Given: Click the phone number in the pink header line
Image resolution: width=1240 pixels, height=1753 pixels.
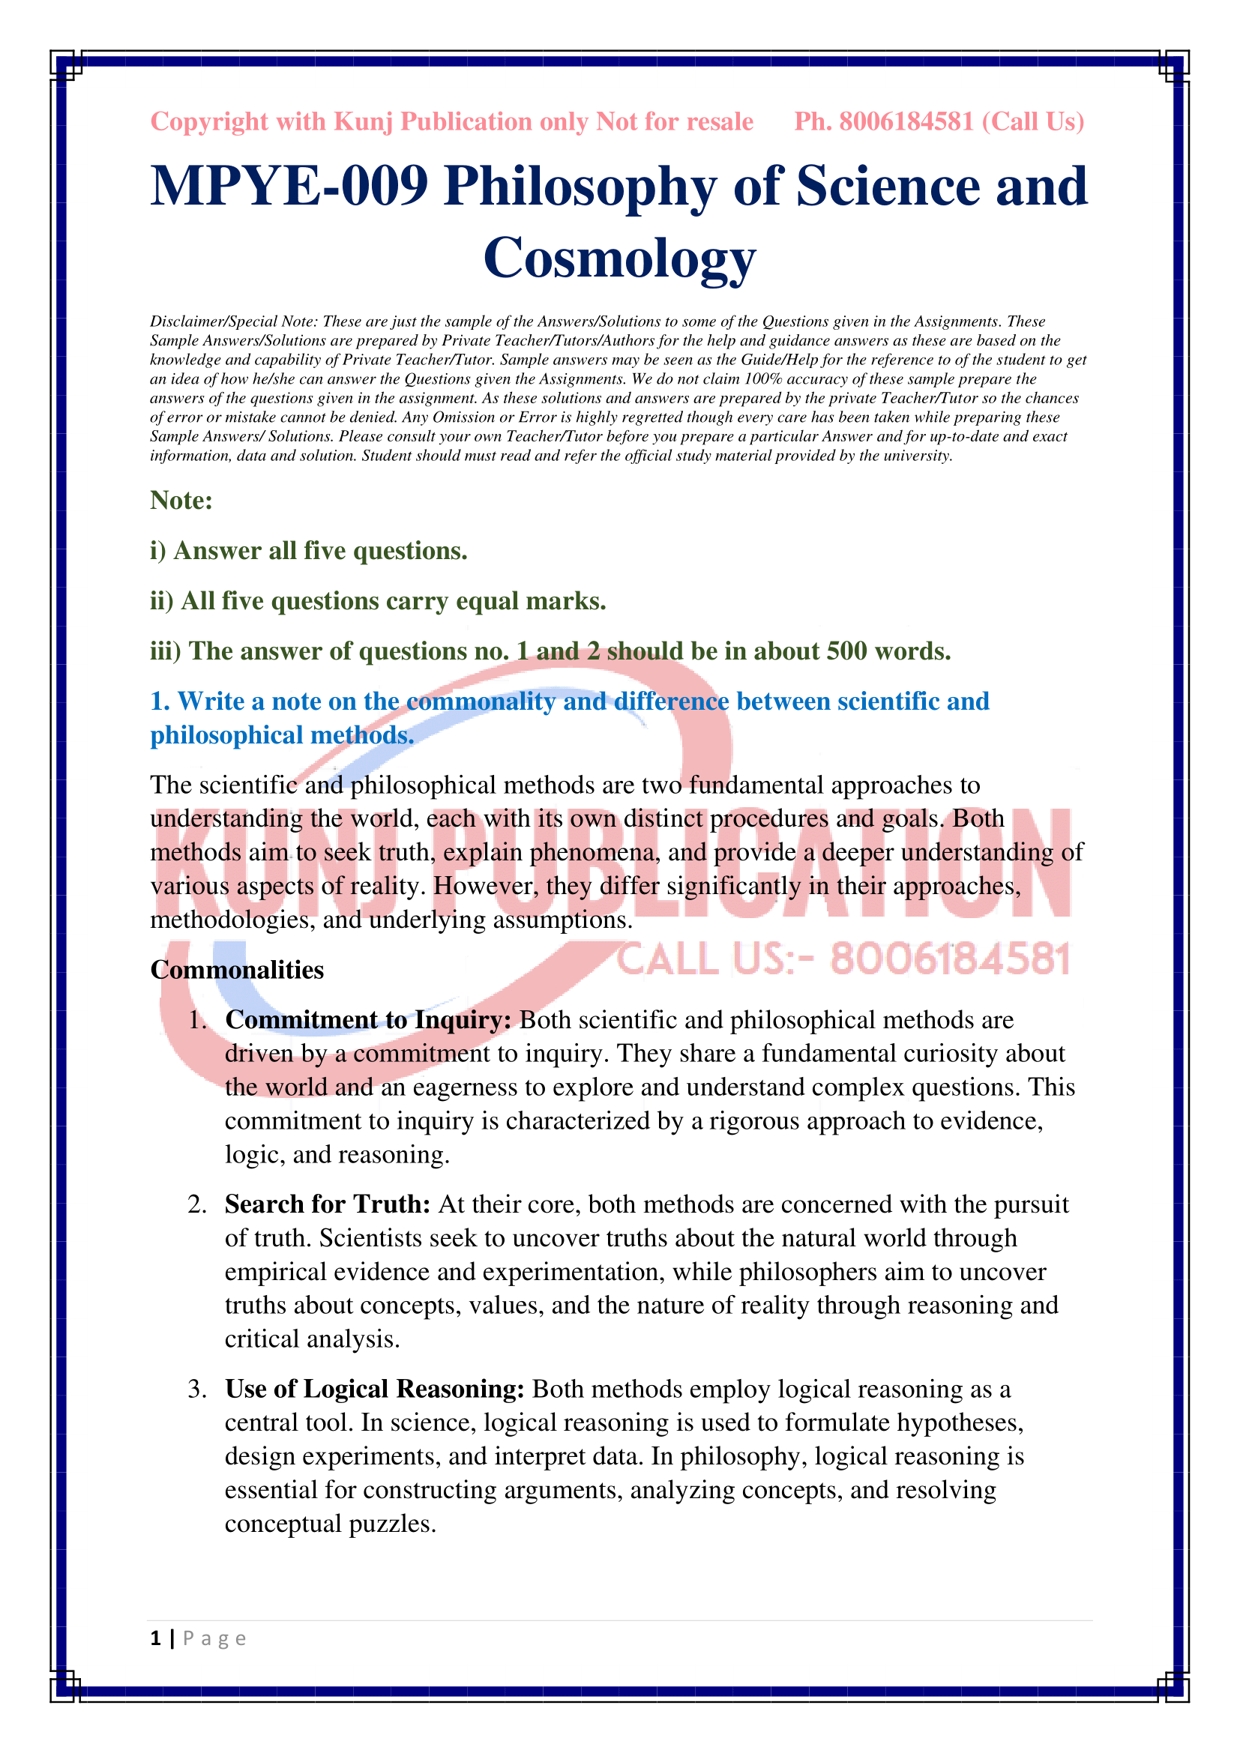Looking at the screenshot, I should [906, 122].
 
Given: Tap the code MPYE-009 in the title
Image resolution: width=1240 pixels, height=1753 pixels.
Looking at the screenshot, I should [289, 187].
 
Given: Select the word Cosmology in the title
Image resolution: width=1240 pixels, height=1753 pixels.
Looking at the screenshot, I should [619, 258].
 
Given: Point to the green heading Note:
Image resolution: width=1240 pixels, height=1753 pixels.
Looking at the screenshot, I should [181, 500].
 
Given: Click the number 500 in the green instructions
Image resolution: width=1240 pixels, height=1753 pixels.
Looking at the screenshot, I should [846, 651].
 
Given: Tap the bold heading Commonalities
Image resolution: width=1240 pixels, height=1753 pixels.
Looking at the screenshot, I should [237, 970].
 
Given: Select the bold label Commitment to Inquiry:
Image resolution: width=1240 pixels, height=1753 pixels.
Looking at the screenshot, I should [368, 1020].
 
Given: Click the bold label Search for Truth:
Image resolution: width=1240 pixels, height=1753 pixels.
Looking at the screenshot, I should [328, 1204].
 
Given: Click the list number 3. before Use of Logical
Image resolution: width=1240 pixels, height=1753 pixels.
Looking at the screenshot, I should [197, 1389].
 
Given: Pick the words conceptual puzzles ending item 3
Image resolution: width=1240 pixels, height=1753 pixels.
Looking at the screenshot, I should [331, 1523].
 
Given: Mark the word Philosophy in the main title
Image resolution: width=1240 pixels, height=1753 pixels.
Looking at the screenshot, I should [580, 187].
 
